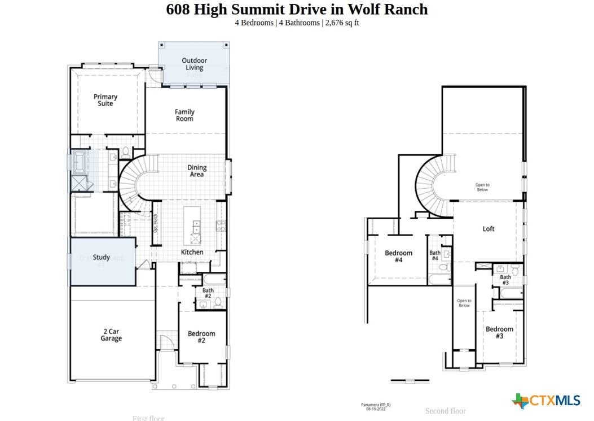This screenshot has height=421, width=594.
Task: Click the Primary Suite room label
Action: coord(105,100)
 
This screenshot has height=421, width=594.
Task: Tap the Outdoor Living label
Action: coord(194,64)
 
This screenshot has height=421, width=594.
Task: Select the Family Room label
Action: coord(184,115)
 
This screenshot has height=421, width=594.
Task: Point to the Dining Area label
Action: coord(197,171)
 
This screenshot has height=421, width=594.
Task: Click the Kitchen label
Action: coord(192,252)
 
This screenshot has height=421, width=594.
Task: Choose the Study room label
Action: coord(102,258)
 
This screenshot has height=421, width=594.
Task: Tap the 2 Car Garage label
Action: coord(111,335)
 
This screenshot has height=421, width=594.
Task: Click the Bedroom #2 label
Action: coord(201,337)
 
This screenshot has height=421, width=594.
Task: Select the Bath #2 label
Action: coord(208,293)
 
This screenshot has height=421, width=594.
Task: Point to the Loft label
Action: coord(489,229)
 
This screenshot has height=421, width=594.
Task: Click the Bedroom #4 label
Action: coord(398,257)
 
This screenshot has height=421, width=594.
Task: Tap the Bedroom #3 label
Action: coord(499,332)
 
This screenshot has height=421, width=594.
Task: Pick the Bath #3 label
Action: coord(505,280)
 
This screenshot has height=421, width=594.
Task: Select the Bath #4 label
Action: coord(435,255)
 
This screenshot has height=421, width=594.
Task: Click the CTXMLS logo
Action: coord(546,401)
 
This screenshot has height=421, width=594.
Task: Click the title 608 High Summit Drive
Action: coord(297,10)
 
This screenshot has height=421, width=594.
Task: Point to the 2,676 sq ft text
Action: coord(342,23)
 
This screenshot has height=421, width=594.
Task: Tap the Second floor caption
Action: coord(445,411)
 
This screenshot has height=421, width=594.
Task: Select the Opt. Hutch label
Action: coord(155,225)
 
